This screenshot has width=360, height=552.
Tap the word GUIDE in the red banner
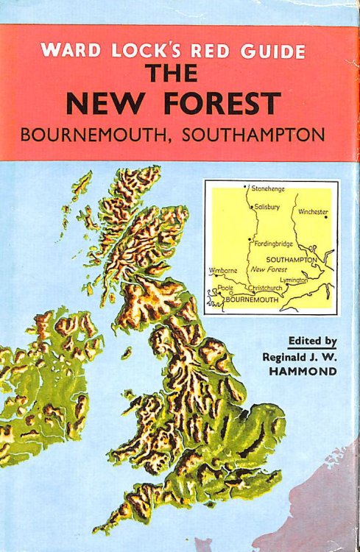(x=273, y=52)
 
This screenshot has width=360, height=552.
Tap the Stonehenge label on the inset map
(x=269, y=189)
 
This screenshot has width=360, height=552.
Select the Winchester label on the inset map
(x=313, y=212)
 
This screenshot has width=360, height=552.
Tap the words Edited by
(x=313, y=342)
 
